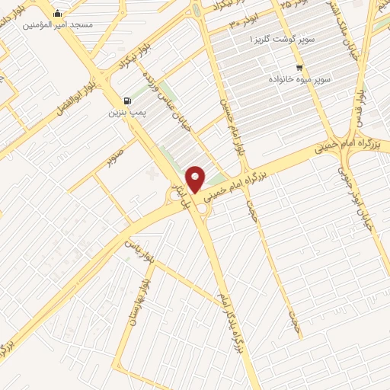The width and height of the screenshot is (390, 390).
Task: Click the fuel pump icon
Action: click(x=126, y=100)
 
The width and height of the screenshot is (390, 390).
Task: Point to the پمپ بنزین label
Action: click(x=126, y=113)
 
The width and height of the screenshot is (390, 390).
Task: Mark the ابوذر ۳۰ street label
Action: click(x=247, y=24)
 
